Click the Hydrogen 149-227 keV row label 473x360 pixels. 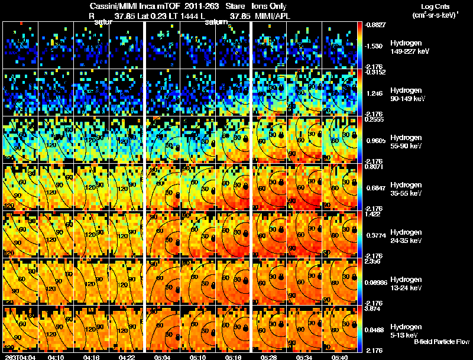[x=406, y=47]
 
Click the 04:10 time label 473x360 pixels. [x=56, y=356]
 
